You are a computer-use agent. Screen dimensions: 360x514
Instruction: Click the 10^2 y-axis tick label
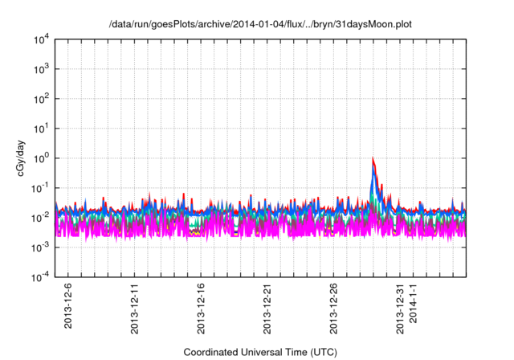pos(41,98)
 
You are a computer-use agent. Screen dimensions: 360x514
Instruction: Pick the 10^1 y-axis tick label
pos(41,128)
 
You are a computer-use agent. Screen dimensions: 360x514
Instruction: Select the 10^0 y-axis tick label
pos(41,157)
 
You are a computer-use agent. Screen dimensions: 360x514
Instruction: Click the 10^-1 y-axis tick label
pos(39,187)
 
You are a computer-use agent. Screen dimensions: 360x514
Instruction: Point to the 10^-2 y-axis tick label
pos(39,217)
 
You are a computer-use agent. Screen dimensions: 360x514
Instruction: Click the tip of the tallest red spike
pos(373,158)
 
